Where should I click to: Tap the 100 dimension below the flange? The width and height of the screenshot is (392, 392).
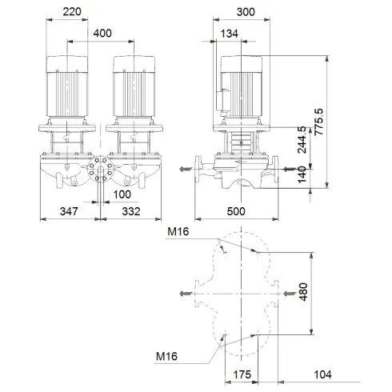122,194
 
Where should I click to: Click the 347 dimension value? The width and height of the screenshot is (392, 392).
70,211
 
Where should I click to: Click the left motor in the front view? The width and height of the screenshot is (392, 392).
70,86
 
